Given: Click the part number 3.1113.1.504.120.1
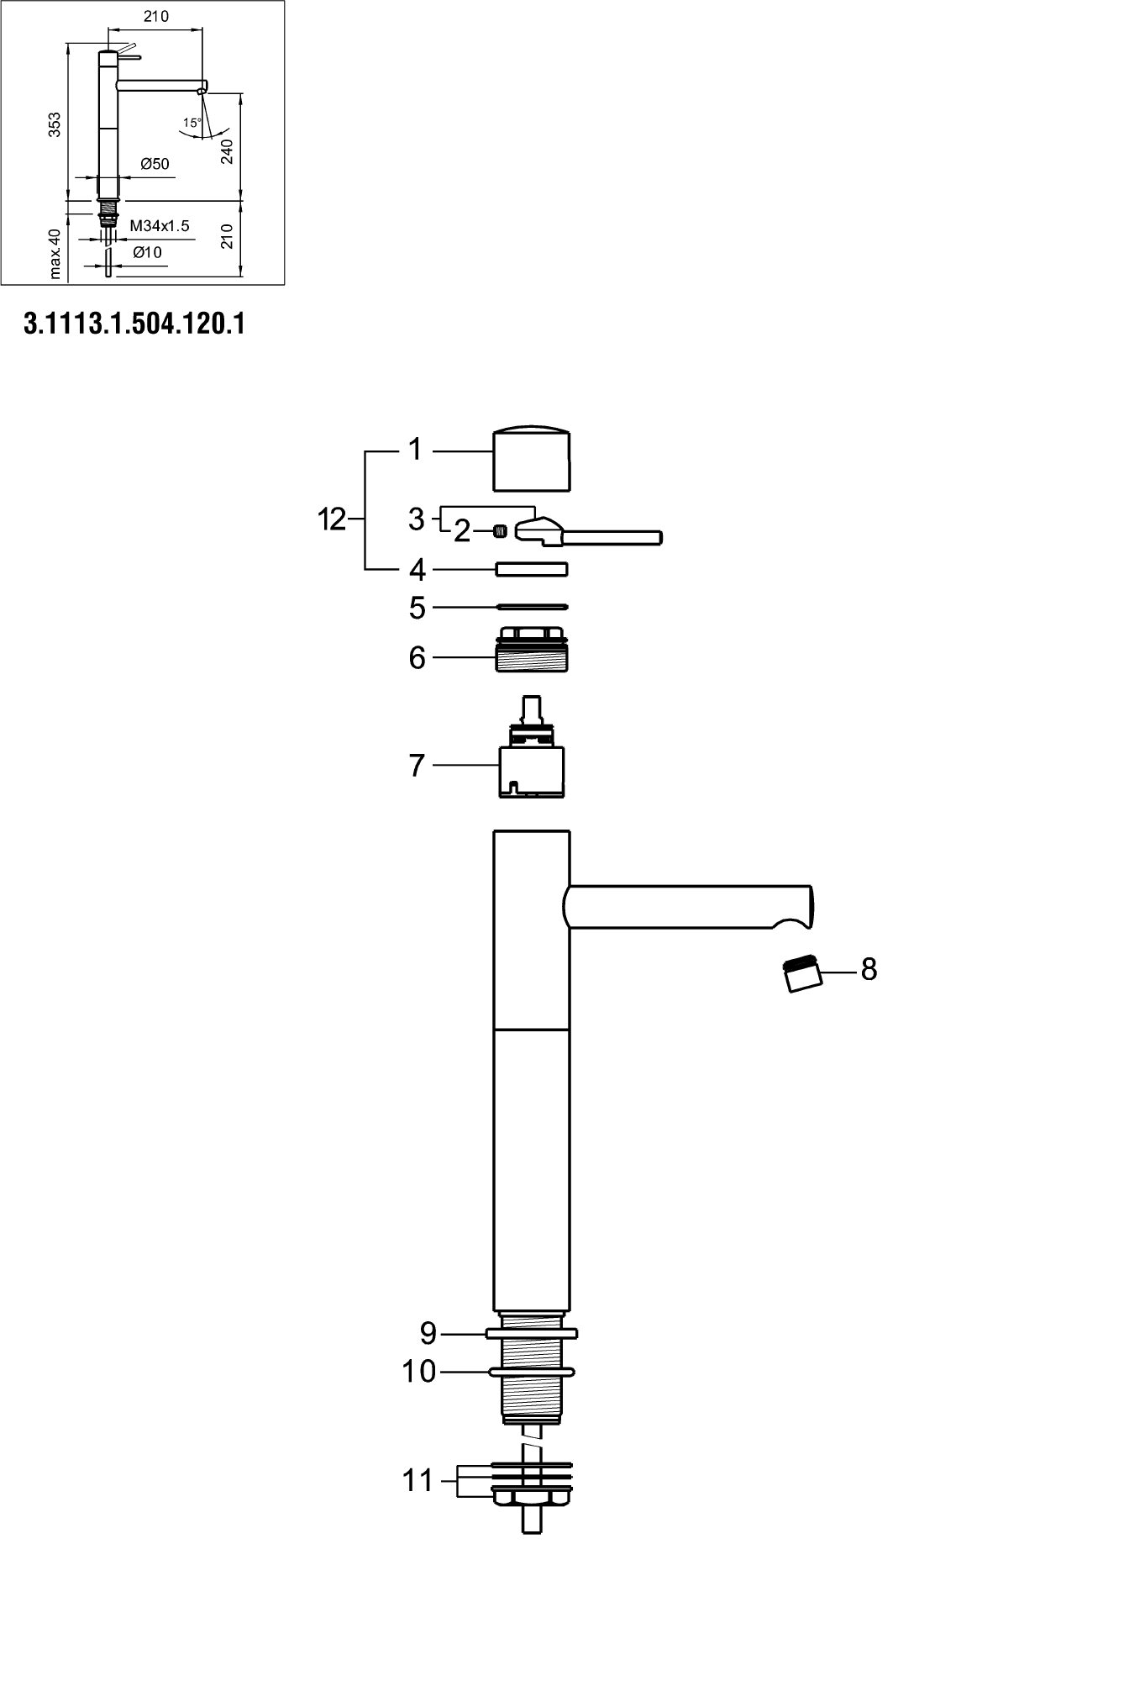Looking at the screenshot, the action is click(134, 324).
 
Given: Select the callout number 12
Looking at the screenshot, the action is click(332, 520).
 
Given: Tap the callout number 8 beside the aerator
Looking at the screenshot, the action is click(869, 969).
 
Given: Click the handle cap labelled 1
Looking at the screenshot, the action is click(532, 459).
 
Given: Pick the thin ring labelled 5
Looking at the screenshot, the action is click(533, 606).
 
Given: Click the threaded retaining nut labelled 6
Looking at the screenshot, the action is click(533, 649).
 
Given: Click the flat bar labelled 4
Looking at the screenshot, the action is click(533, 569).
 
